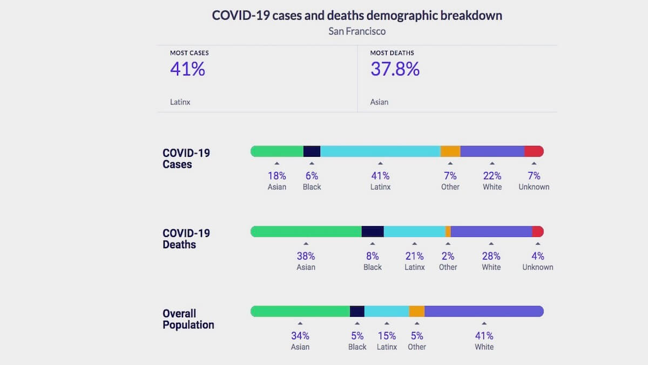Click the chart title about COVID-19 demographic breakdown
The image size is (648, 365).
tap(357, 15)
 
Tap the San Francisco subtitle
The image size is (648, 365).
tap(357, 31)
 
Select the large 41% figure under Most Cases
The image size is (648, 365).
tap(187, 69)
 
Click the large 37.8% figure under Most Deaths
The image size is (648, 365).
tap(395, 69)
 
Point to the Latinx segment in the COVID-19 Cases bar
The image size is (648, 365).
tap(380, 151)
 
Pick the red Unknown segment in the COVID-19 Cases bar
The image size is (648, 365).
tap(534, 151)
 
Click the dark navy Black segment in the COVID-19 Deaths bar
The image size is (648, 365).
tap(373, 231)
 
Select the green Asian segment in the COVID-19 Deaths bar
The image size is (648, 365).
tap(306, 231)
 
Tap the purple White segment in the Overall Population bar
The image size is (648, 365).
tap(484, 311)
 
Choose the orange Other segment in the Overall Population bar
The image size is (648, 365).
tap(417, 311)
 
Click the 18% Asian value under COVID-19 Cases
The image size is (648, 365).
tap(277, 176)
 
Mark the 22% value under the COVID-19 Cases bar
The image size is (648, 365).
tap(492, 176)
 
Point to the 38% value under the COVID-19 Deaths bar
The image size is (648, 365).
tap(306, 256)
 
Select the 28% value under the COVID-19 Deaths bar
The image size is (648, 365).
tap(491, 256)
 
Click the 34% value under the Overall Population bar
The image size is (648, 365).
tap(300, 336)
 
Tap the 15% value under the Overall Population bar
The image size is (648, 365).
tap(387, 336)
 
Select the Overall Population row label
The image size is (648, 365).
tap(188, 319)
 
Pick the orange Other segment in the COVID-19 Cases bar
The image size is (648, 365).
tap(450, 151)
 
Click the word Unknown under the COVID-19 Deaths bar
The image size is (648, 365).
tap(537, 267)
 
